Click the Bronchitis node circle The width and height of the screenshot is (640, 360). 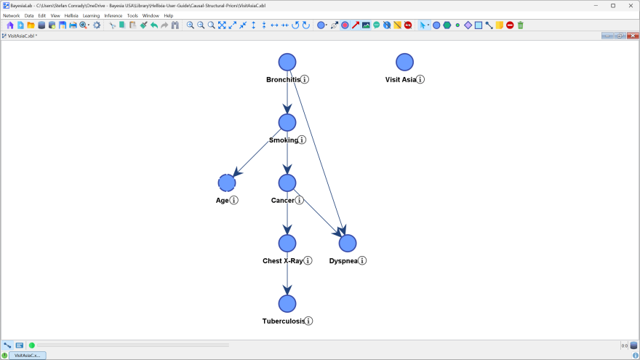click(287, 63)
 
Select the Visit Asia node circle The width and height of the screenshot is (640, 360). click(404, 63)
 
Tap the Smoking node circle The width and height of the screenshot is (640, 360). click(287, 123)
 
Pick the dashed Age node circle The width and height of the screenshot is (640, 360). click(227, 183)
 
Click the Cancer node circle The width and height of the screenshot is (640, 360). click(287, 183)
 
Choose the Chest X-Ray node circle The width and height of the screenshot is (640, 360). click(287, 243)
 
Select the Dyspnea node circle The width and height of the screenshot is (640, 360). click(348, 243)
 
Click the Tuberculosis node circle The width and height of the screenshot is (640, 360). click(287, 303)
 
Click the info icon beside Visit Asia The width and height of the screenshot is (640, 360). click(420, 79)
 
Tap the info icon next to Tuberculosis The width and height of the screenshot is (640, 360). click(308, 321)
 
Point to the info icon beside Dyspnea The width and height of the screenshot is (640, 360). click(362, 260)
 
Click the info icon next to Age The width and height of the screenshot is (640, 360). click(234, 200)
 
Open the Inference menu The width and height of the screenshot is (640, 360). click(113, 15)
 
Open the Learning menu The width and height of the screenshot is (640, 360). click(91, 15)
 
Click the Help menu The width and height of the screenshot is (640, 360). click(168, 15)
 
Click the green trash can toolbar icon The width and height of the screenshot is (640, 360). click(520, 25)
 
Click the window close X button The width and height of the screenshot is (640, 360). click(631, 5)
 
